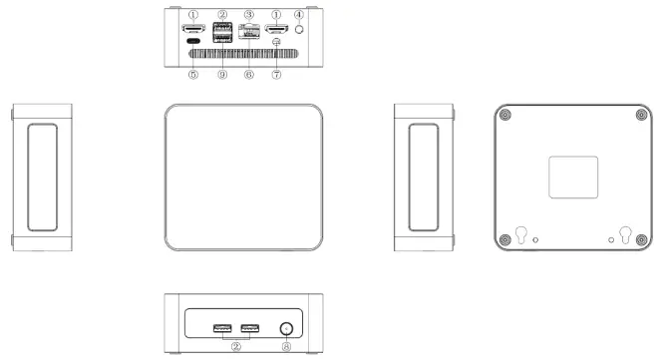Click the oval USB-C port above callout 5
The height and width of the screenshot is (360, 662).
(193, 43)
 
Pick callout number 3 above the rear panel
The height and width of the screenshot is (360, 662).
(249, 15)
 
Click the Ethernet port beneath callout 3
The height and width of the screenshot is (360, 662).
(250, 32)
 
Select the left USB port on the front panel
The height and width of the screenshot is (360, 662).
(222, 327)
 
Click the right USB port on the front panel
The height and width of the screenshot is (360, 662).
(250, 327)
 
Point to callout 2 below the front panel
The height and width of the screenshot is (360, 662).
(236, 348)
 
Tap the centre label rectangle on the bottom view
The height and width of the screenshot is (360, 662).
(573, 177)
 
